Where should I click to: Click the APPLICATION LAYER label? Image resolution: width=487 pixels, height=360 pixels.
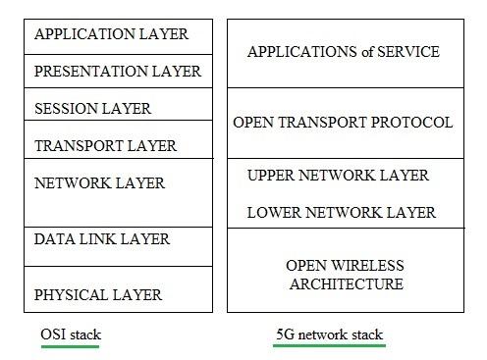coord(111,34)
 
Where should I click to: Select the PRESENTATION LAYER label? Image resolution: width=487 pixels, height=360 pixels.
coord(118,72)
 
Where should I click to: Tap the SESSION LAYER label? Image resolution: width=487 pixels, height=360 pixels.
coord(93,108)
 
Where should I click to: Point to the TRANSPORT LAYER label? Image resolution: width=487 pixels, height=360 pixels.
coord(105,146)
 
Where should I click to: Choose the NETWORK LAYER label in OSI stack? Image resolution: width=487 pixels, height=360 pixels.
coord(99,183)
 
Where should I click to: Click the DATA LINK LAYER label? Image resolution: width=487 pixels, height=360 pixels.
coord(102,239)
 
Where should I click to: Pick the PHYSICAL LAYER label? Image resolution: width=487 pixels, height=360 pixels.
coord(98,295)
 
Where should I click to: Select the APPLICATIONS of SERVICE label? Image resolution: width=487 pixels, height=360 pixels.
coord(344,51)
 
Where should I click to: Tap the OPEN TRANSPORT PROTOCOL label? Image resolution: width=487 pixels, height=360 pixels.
coord(344,124)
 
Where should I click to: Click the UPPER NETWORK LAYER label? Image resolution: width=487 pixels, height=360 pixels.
coord(339,176)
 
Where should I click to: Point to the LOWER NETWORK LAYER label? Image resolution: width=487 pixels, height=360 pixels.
coord(342,212)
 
